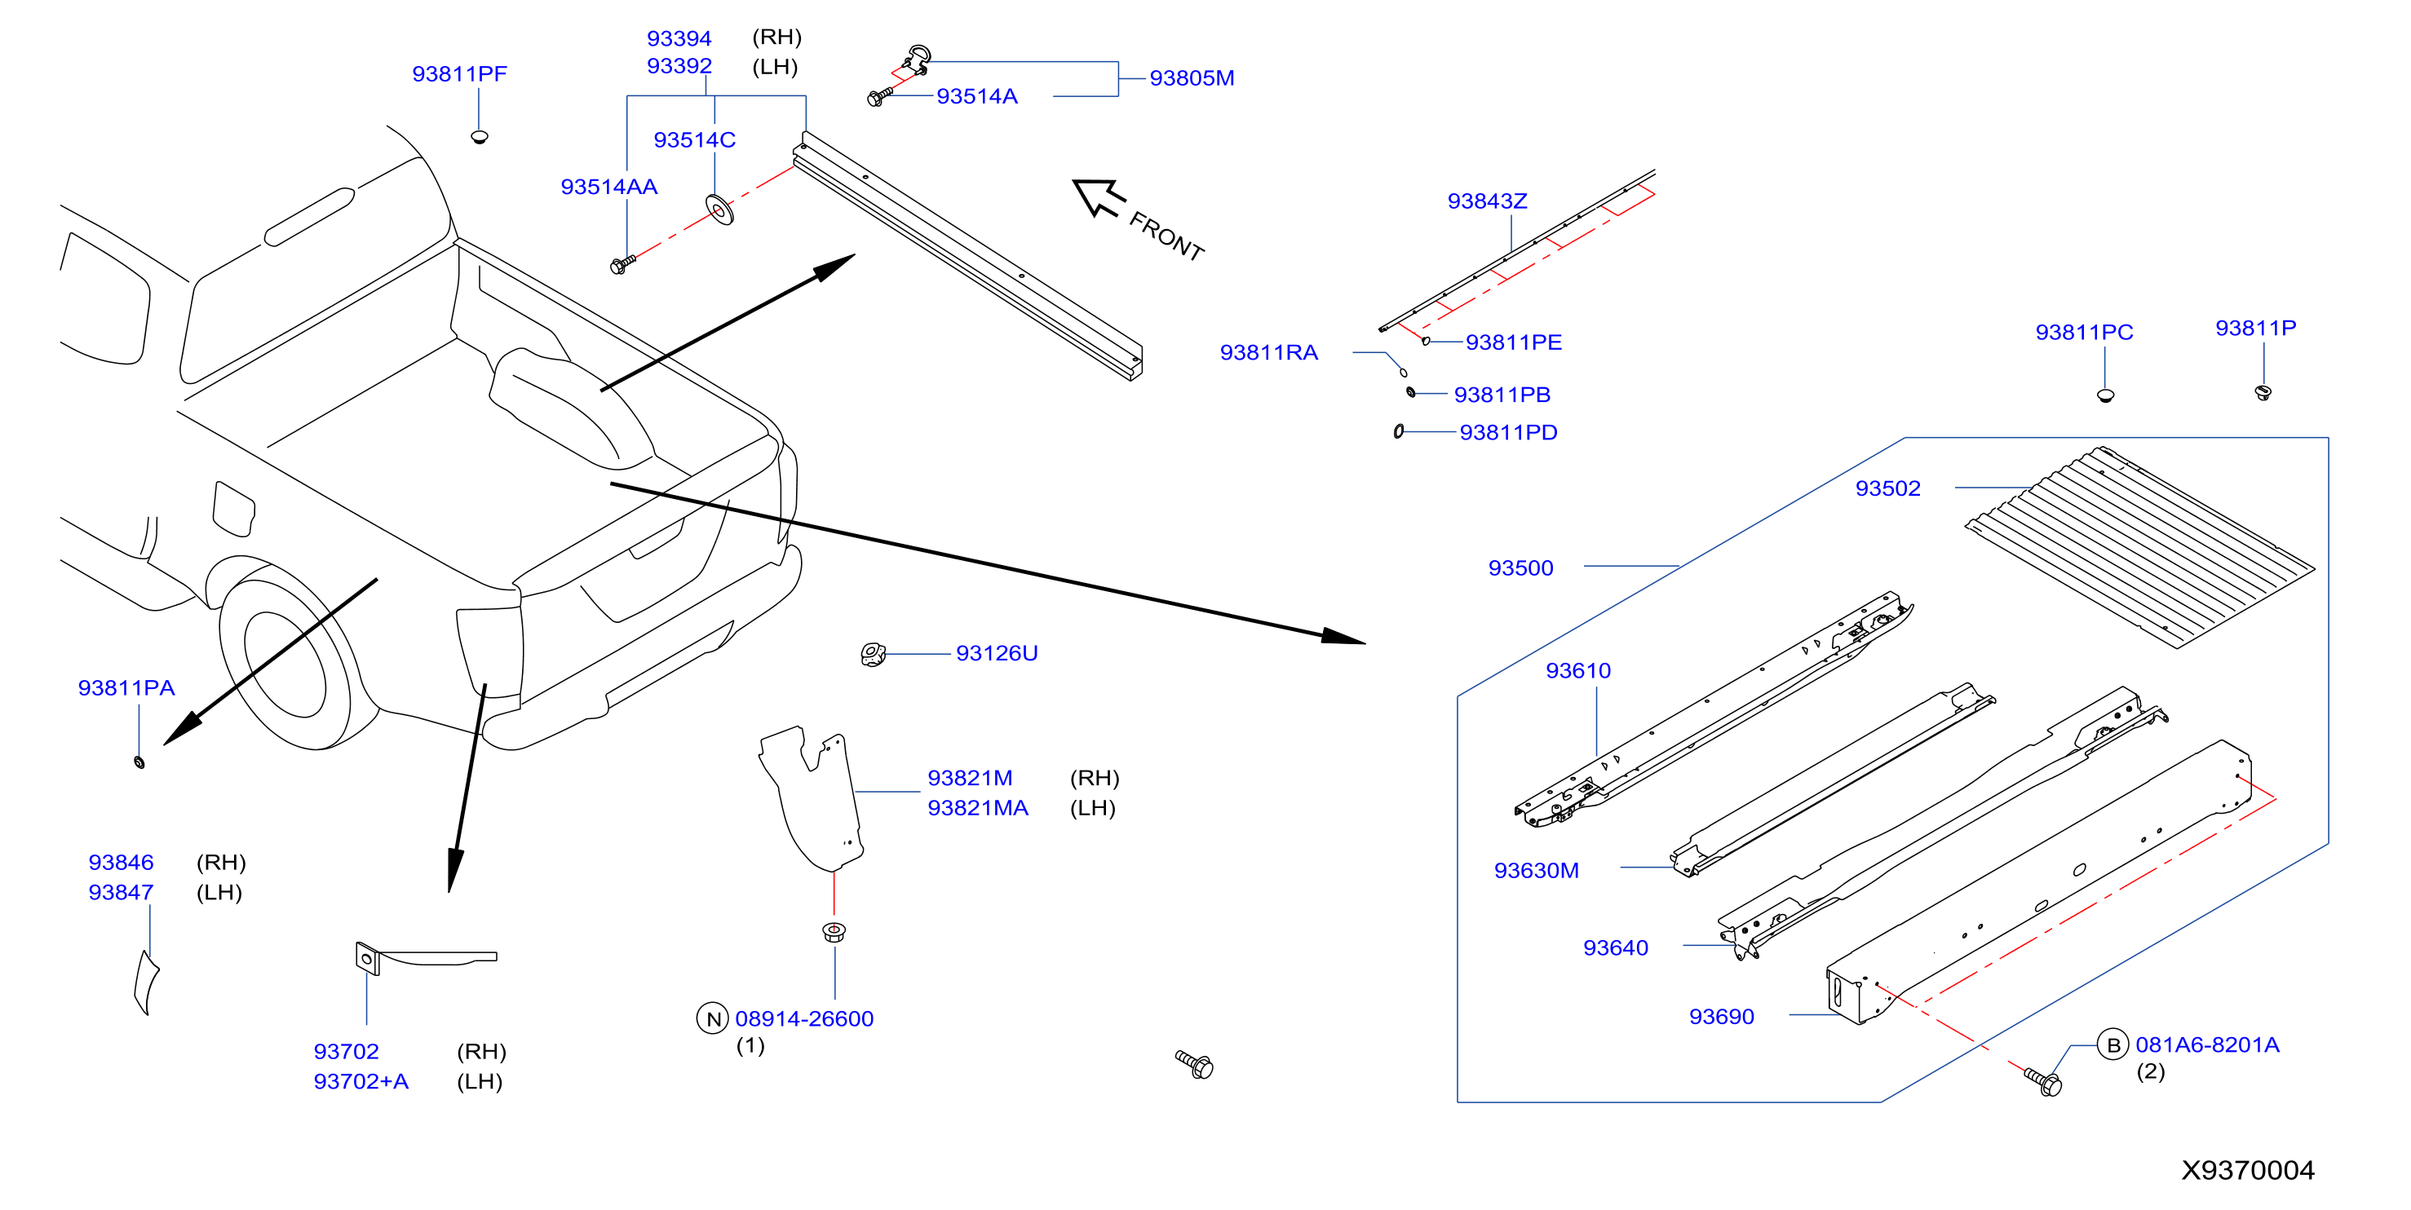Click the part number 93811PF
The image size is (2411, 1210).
459,74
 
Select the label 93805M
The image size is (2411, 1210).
1192,77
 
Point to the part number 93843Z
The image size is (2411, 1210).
1487,201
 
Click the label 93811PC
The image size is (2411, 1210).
2085,332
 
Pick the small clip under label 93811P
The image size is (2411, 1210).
2263,392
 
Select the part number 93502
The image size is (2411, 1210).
1888,488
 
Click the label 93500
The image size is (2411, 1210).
1521,568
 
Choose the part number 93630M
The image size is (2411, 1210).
1536,870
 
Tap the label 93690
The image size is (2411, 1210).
1721,1016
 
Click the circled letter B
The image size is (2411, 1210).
2113,1044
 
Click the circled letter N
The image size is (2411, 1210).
713,1019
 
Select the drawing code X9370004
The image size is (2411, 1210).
2248,1170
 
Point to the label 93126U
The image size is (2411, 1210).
997,653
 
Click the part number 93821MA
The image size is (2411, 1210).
978,807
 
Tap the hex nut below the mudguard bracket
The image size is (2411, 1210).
834,932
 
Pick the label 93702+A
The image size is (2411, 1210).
361,1081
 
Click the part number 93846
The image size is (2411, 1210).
121,862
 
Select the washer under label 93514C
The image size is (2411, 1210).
719,210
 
